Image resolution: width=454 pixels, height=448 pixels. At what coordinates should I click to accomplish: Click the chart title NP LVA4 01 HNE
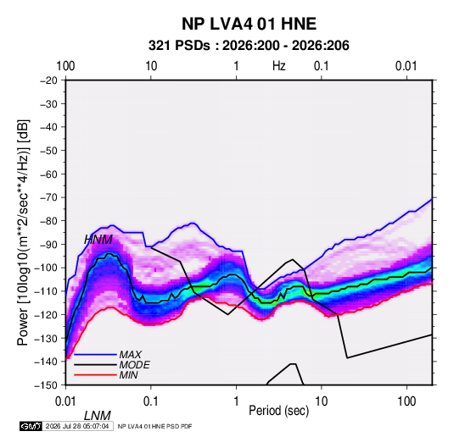tap(249, 24)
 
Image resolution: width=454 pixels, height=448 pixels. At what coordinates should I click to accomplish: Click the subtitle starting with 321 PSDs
tap(249, 46)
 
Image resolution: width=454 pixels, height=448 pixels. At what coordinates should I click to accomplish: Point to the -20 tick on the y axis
tap(48, 80)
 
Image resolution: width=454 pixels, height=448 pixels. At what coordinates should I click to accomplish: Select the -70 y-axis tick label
tap(48, 197)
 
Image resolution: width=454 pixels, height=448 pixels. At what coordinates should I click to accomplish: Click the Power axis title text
tap(23, 233)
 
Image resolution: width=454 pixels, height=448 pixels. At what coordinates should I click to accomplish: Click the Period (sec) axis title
tap(279, 411)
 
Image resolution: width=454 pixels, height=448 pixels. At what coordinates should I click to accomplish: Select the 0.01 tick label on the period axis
tap(65, 401)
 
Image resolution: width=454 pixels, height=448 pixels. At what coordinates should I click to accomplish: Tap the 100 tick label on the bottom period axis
tap(406, 401)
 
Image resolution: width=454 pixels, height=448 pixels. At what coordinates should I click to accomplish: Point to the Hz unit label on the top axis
tap(279, 66)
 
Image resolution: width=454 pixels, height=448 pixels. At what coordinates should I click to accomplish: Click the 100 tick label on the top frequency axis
tap(65, 66)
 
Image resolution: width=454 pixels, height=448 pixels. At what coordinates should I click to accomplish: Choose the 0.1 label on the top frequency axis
tap(322, 66)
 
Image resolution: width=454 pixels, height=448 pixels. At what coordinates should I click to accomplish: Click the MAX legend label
tap(131, 354)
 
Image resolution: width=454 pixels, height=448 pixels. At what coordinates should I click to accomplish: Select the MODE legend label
tap(135, 365)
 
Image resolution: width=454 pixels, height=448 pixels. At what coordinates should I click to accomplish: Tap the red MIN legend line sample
tap(95, 375)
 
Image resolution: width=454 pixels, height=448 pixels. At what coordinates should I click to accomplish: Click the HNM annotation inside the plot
tap(98, 240)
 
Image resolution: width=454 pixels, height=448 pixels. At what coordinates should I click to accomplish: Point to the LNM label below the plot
tap(98, 416)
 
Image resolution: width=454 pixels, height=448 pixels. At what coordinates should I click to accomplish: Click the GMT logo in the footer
tap(31, 426)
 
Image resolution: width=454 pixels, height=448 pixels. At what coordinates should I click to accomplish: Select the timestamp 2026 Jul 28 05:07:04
tap(77, 426)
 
